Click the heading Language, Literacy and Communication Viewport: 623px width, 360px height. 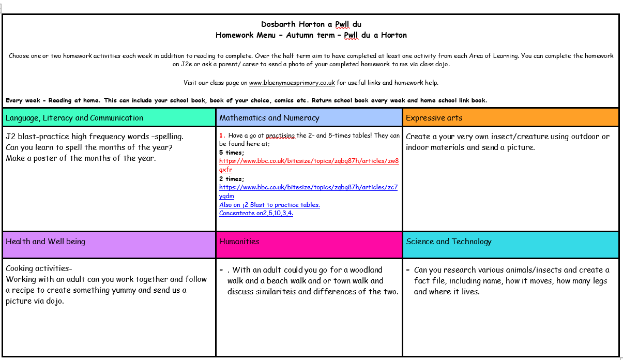pos(74,118)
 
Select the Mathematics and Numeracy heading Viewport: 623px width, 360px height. pos(269,118)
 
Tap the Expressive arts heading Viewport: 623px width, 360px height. pos(433,118)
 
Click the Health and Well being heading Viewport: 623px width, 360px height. pos(45,242)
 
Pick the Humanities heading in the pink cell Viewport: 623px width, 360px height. pos(239,242)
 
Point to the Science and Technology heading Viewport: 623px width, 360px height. pos(449,242)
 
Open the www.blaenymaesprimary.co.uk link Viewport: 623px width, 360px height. pos(292,83)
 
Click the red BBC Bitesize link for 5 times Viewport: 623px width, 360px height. pos(309,161)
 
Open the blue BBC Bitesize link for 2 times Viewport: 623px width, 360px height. pos(308,187)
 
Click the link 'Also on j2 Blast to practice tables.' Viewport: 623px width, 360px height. pos(269,205)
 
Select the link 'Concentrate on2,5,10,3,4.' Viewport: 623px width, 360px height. pos(256,213)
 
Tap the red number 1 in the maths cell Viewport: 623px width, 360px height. pos(221,136)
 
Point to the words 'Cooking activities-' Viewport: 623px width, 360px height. pos(39,268)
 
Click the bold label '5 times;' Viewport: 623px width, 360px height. pos(231,153)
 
